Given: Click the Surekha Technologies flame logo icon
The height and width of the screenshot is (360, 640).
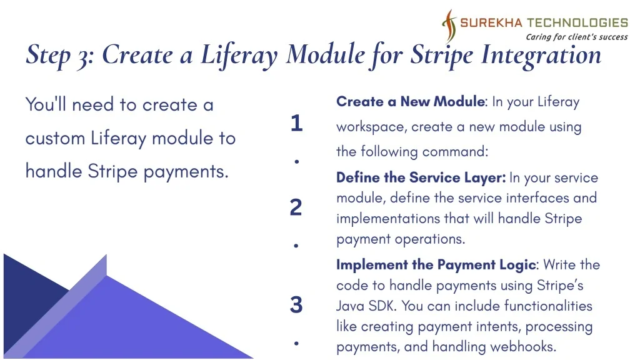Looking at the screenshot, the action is tap(449, 26).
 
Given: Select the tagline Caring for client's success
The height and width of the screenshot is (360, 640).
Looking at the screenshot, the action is tap(577, 37).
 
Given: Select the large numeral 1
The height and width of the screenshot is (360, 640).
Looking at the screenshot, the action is tap(297, 123).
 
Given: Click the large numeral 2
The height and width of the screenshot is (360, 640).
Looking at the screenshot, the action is tap(296, 207).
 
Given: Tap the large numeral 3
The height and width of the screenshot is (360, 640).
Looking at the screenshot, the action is tap(296, 305).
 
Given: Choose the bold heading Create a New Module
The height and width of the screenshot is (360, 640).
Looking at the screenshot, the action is tap(411, 101).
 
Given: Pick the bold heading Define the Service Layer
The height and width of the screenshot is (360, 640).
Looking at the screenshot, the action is tap(420, 177).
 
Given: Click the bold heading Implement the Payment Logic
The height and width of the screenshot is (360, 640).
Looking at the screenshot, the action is tap(436, 265).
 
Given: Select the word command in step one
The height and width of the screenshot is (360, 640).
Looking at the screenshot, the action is tap(455, 152).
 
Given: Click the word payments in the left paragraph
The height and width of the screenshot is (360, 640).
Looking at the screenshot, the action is tap(186, 172).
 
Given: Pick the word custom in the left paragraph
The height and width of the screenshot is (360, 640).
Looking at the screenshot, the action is tap(55, 138).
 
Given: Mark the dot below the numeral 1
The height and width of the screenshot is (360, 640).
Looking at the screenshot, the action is tap(297, 162).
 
